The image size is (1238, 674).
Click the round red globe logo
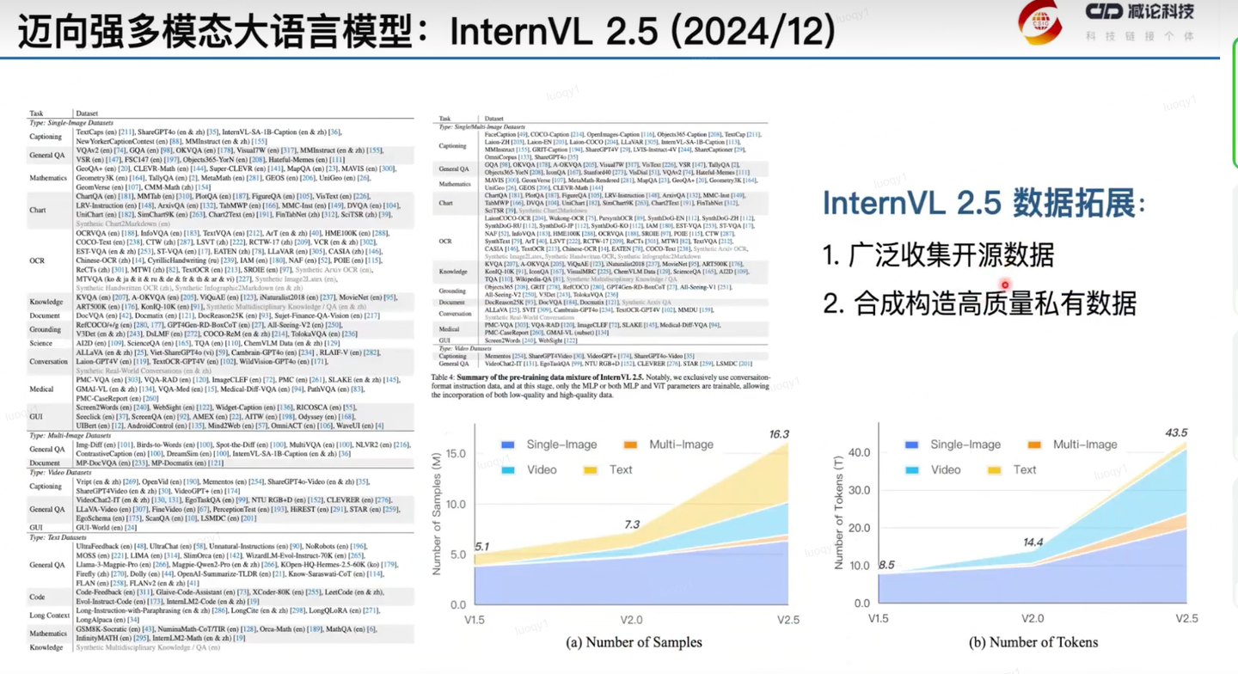click(x=1040, y=22)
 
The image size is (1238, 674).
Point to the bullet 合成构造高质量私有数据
click(x=980, y=303)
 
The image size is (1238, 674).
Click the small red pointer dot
click(x=1005, y=285)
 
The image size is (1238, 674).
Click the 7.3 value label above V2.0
click(x=632, y=524)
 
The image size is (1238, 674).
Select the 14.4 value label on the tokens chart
click(x=1032, y=543)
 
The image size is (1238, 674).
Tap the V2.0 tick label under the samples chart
click(x=632, y=621)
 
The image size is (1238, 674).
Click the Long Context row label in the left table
click(x=49, y=615)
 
